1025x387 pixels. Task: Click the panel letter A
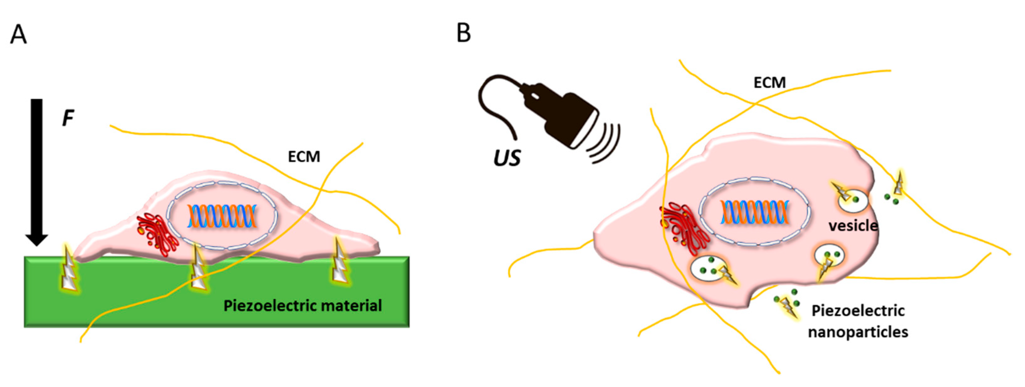tap(18, 35)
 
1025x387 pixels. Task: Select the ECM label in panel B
tap(770, 83)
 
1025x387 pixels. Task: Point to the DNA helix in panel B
tap(754, 212)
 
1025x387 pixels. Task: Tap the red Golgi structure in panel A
tap(157, 235)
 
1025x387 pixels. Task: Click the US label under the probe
tap(507, 158)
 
